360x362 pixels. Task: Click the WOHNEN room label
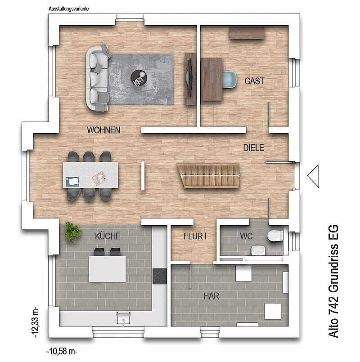pos(103,130)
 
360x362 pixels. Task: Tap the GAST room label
pos(254,81)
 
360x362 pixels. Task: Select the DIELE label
pos(253,148)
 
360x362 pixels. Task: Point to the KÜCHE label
pos(108,236)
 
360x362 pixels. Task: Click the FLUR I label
pos(195,236)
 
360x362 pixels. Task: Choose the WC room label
pos(246,236)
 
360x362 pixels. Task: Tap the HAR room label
pos(211,296)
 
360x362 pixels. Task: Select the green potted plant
pos(73,232)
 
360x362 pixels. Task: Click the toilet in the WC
pos(275,236)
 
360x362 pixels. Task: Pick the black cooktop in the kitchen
pos(159,277)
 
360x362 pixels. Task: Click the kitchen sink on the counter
pos(123,318)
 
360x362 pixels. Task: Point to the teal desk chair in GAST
pos(229,80)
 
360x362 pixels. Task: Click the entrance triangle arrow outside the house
pos(313,176)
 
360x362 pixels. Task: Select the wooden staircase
pos(208,175)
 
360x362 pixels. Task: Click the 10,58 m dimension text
pos(62,352)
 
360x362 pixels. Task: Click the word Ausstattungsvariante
pos(69,9)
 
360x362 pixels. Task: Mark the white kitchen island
pos(108,269)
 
